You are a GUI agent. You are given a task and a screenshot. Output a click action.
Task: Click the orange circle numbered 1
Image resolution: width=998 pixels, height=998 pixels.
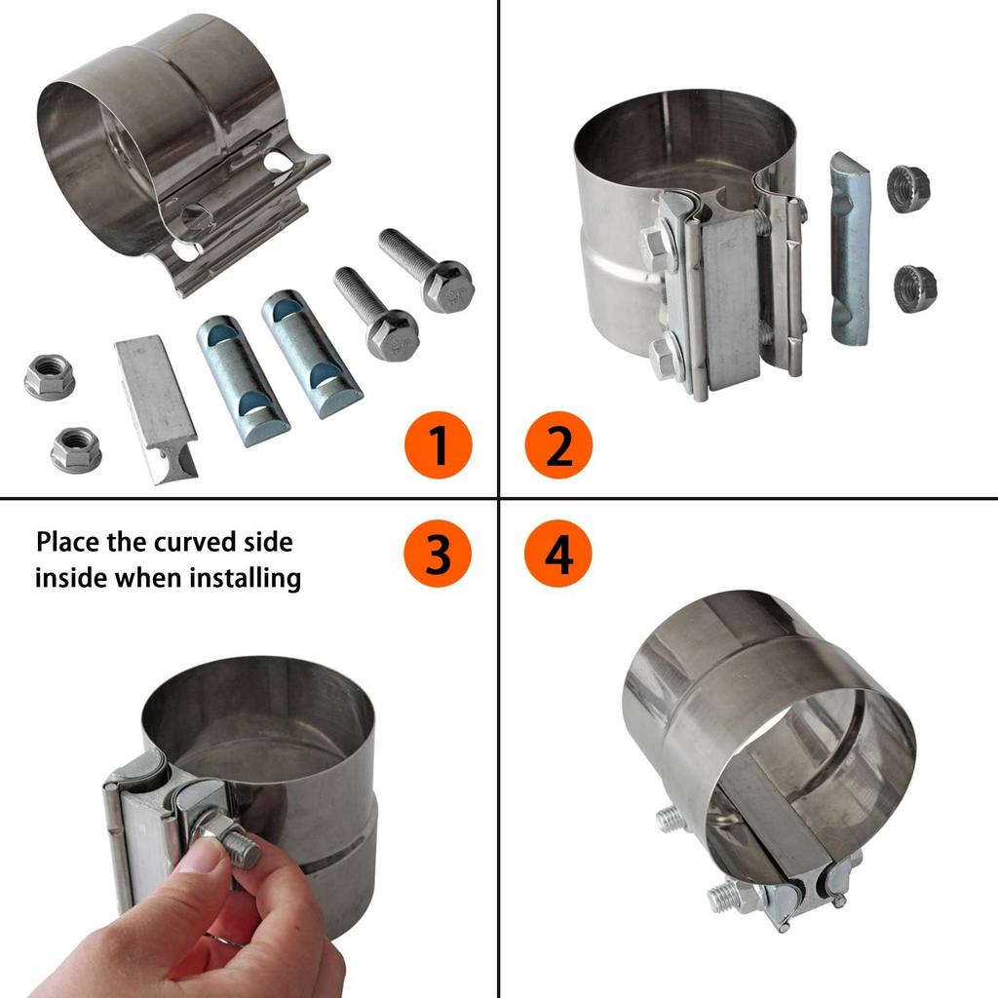[438, 446]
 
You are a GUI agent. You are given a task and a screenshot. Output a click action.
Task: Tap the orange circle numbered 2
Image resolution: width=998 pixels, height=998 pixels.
[558, 446]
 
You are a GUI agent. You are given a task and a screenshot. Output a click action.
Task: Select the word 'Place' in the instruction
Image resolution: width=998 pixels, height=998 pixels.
[68, 542]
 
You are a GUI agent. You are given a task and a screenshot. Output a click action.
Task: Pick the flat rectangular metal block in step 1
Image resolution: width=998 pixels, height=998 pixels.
[156, 407]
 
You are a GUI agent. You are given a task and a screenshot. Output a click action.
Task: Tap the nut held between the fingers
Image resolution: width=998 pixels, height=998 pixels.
[226, 840]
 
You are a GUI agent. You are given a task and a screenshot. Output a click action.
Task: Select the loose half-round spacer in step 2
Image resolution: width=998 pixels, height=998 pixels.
[849, 249]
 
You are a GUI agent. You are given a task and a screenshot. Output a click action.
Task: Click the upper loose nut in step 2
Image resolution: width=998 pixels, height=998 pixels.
[908, 189]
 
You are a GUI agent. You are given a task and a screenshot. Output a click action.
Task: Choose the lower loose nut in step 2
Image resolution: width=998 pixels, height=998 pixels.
[914, 288]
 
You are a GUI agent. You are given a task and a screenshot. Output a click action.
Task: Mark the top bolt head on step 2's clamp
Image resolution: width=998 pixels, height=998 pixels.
[657, 248]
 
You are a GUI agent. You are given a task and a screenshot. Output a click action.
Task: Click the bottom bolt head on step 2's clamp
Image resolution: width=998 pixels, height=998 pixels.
[665, 359]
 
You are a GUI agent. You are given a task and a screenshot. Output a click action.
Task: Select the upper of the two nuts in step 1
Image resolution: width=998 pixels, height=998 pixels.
[50, 377]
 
